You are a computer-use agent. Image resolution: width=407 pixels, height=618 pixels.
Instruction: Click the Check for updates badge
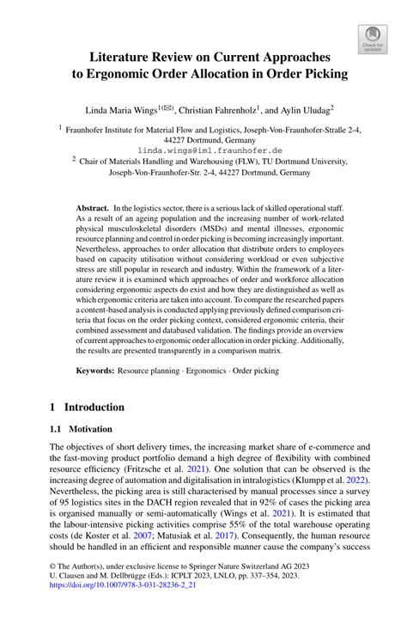point(372,39)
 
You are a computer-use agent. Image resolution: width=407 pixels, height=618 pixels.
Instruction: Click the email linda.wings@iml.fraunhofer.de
point(203,149)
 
